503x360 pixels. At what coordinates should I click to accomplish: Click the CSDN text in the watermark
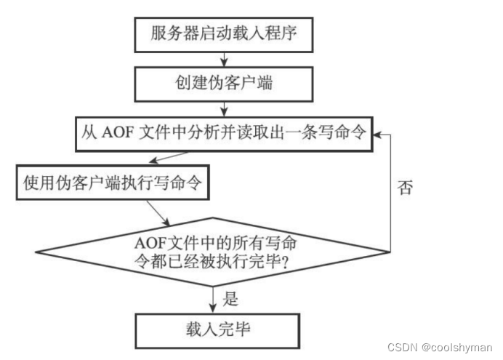coord(401,347)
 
